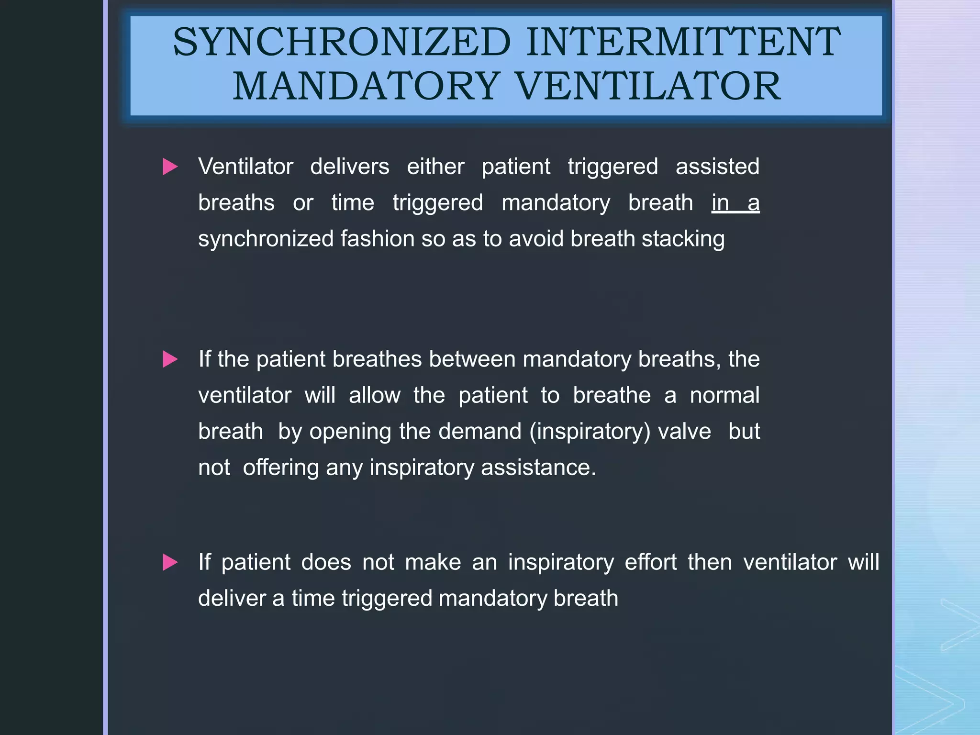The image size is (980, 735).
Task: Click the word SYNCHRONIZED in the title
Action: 342,42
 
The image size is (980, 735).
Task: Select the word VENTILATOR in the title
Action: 648,86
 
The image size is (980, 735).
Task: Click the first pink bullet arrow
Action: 170,167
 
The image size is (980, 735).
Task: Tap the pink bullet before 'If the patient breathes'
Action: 170,359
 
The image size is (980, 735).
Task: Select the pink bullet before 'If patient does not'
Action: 170,562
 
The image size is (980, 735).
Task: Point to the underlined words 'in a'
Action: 735,203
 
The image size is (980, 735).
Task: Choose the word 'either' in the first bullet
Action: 435,167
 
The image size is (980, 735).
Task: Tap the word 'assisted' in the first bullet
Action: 717,167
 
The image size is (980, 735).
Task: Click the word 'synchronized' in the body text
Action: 266,239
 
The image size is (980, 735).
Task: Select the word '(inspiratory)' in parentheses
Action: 590,432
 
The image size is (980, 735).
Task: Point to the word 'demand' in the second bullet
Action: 480,432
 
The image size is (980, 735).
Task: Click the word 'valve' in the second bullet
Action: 684,432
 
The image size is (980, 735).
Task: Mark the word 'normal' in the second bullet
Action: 724,396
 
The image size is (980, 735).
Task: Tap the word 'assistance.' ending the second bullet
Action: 538,468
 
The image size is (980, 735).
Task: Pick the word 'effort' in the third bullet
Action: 651,562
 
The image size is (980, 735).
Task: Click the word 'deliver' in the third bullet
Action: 232,599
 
